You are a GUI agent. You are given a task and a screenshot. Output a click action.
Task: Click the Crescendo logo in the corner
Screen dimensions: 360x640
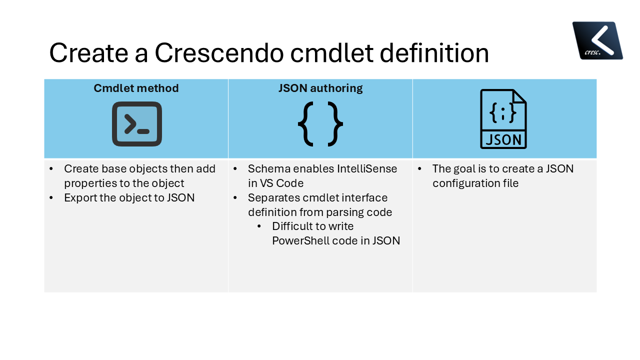[x=597, y=40]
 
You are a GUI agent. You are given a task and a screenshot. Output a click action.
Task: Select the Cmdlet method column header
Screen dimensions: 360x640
[x=136, y=88]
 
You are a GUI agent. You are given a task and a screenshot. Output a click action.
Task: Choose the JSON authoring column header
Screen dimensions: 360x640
[x=320, y=88]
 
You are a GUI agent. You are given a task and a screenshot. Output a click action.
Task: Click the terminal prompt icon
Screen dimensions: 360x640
[x=136, y=124]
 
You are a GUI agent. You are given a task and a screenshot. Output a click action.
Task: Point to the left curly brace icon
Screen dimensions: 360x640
[x=305, y=124]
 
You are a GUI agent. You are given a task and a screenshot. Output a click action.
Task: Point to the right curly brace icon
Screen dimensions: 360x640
[x=335, y=124]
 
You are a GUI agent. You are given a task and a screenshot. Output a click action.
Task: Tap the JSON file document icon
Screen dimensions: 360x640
[x=503, y=119]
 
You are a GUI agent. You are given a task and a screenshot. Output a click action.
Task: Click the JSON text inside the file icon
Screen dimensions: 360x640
[x=503, y=139]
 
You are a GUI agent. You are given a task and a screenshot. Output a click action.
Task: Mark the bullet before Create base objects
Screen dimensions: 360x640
[x=52, y=169]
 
